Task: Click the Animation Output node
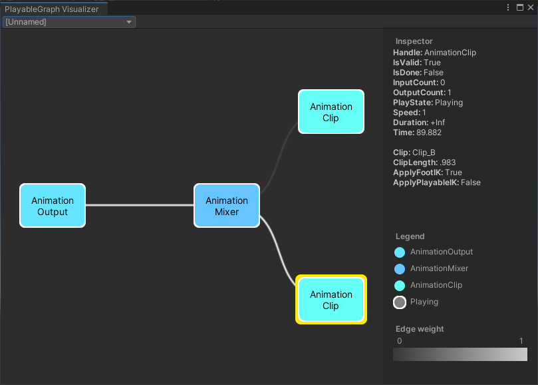click(x=53, y=206)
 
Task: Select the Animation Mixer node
click(x=226, y=206)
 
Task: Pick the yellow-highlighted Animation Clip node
click(x=331, y=300)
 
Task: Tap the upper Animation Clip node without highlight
click(x=331, y=112)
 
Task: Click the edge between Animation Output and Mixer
click(x=140, y=205)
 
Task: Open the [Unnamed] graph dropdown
click(x=69, y=22)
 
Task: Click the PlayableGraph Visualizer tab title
click(x=52, y=9)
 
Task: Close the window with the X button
click(x=530, y=8)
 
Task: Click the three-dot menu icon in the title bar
click(x=509, y=8)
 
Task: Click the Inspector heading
click(x=414, y=41)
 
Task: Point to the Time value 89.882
click(x=429, y=133)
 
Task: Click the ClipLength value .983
click(x=447, y=163)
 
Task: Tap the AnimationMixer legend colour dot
click(x=400, y=269)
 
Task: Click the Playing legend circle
click(x=400, y=302)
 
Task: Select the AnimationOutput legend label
click(x=442, y=252)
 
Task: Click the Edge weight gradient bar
click(x=460, y=354)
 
